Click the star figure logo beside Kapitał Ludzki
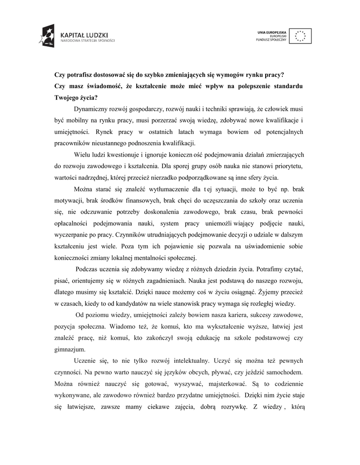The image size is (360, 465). tap(48, 35)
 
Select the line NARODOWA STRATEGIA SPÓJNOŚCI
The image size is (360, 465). tap(88, 40)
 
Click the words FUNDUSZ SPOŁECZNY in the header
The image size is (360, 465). tap(271, 40)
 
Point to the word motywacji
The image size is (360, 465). tap(69, 200)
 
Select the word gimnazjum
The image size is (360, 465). tap(69, 349)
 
